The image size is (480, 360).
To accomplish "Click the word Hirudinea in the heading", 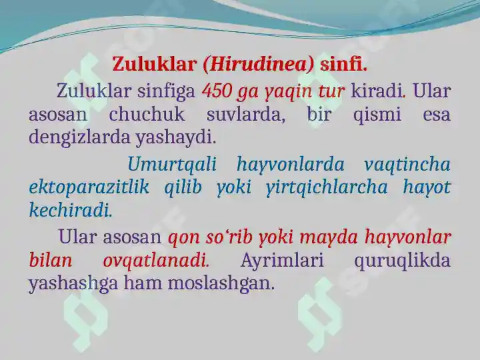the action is (259, 65).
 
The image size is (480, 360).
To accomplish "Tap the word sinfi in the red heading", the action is (343, 64).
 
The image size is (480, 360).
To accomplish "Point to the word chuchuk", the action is (147, 114).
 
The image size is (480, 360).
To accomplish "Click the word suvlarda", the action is (245, 115).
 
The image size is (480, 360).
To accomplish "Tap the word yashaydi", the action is (176, 138).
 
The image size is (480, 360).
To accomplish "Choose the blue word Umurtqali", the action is (172, 164).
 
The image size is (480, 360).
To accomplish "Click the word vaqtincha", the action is (407, 164).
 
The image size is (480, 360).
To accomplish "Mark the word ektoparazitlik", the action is (89, 187).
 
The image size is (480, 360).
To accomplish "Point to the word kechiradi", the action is (71, 210).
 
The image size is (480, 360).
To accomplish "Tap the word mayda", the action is (328, 237).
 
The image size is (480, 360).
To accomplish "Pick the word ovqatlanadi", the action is (156, 261).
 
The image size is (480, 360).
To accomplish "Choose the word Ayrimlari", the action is (282, 261).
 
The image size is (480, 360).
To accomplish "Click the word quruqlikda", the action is (402, 261).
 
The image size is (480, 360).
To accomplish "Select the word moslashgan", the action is (220, 283).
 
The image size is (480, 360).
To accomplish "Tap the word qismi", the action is (377, 115).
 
